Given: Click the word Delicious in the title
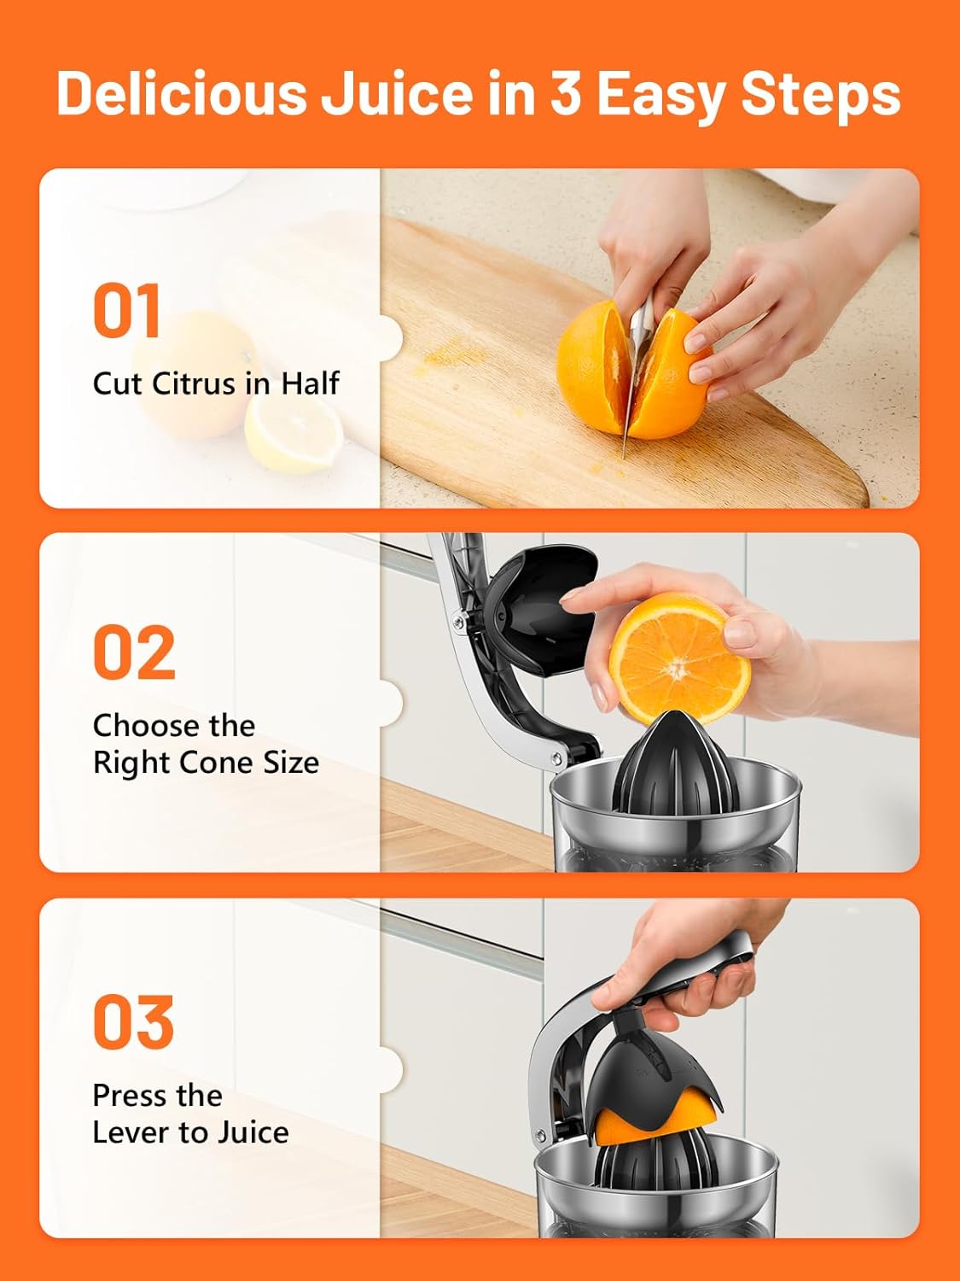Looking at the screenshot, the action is [x=181, y=94].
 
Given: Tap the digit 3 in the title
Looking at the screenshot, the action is [x=566, y=94].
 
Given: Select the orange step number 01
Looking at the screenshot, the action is [x=126, y=310].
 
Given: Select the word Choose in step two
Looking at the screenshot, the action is [x=138, y=726].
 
